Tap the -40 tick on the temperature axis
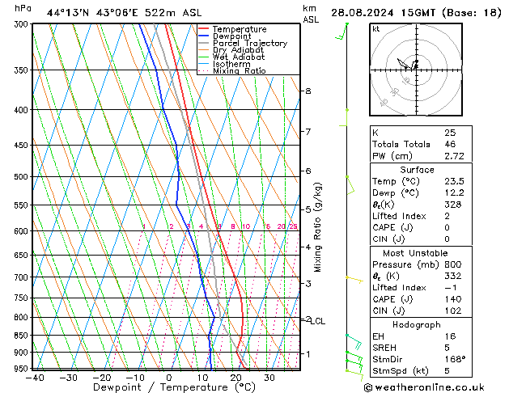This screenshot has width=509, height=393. tap(34, 377)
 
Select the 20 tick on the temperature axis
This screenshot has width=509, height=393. tap(235, 377)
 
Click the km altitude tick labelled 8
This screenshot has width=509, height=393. tap(308, 91)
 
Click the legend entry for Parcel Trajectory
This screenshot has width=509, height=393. tap(249, 43)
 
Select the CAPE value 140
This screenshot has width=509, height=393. tap(452, 299)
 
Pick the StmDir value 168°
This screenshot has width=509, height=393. tap(455, 359)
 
